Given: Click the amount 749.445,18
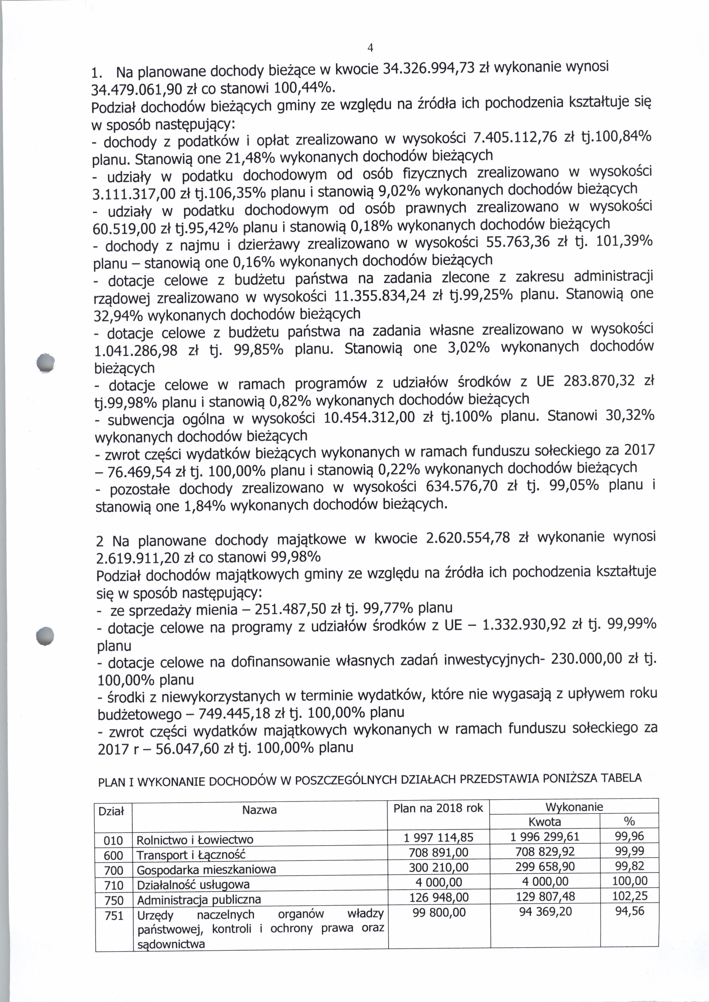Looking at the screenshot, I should click(236, 713).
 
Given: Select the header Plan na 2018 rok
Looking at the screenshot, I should click(438, 808).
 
